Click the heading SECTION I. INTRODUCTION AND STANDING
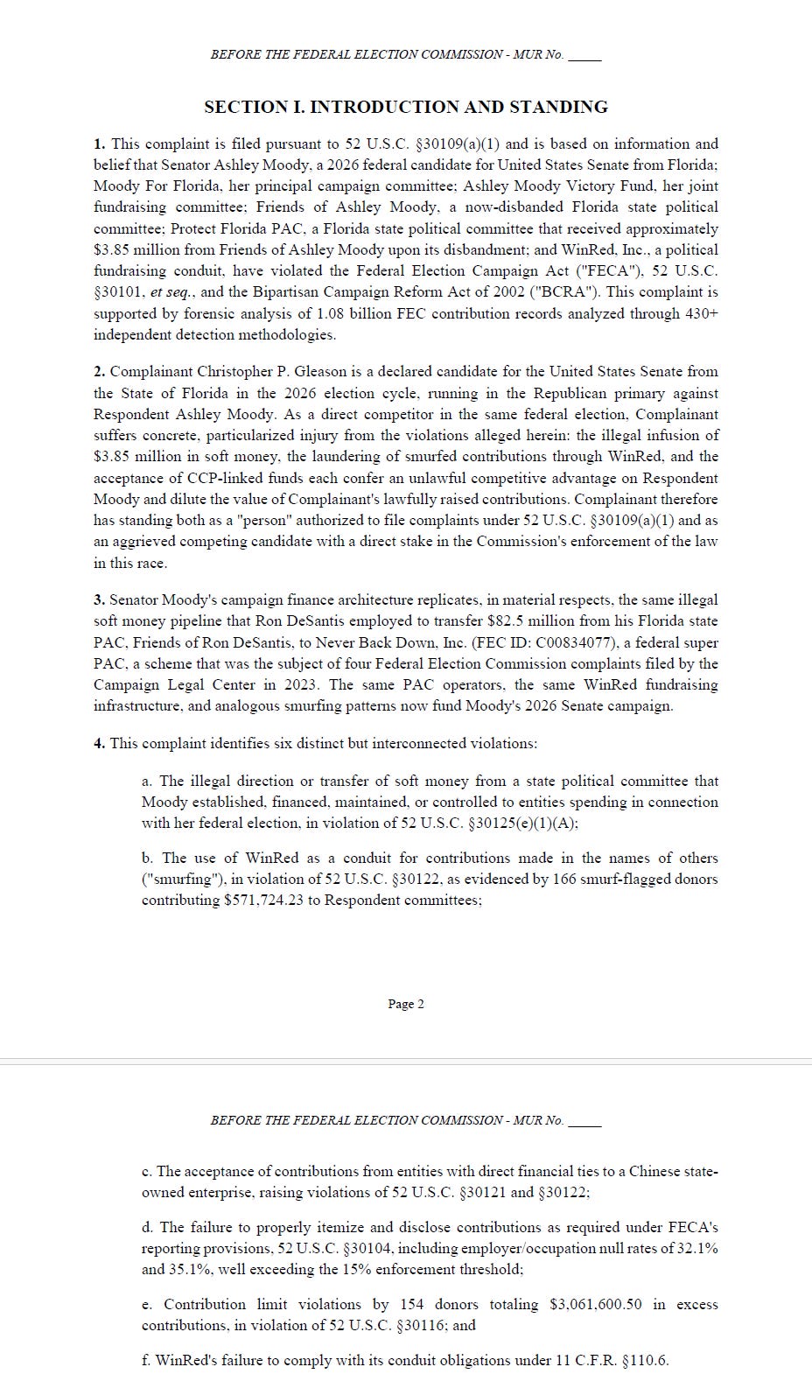point(405,108)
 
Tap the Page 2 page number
point(406,1004)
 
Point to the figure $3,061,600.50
point(595,1304)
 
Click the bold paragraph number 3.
point(99,600)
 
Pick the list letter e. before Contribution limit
point(147,1304)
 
